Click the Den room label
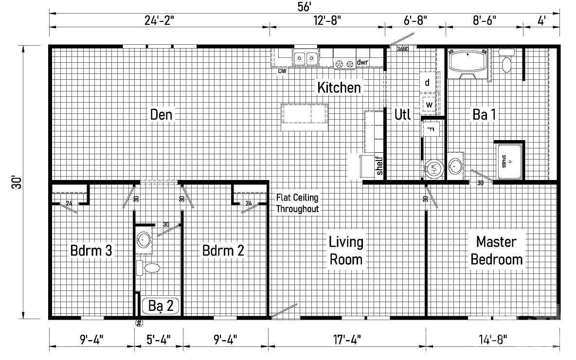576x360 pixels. click(x=162, y=115)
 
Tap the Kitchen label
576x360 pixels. click(x=339, y=88)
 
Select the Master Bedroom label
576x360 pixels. click(x=496, y=250)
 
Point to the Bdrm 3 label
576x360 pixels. click(x=91, y=251)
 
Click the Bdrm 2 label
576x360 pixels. click(x=223, y=251)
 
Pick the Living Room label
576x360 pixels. click(x=346, y=250)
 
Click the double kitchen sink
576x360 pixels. click(x=306, y=59)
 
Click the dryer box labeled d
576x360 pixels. click(x=427, y=83)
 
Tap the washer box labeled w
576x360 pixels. click(x=429, y=104)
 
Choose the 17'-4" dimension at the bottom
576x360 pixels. click(x=347, y=338)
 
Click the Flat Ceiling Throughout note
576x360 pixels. click(x=297, y=203)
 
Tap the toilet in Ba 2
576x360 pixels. click(x=149, y=267)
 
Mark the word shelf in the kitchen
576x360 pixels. click(x=379, y=165)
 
